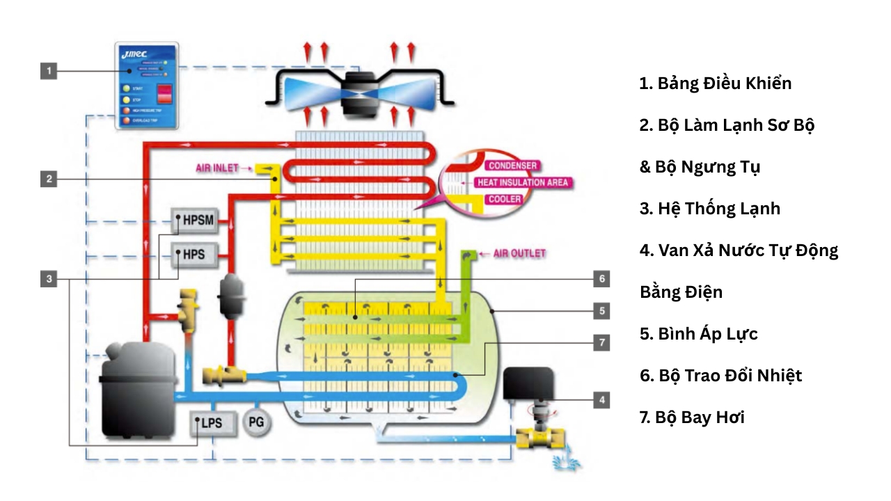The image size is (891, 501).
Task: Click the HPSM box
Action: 195,222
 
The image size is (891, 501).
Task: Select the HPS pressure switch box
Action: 195,255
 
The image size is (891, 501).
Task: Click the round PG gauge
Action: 257,422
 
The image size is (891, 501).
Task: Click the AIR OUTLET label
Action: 519,253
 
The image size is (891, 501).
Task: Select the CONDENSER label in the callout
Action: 512,166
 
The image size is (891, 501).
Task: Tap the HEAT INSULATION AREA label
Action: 522,183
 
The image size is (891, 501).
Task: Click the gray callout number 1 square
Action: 48,70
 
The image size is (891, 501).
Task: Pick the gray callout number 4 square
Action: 601,399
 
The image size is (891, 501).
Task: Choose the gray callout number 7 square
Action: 601,342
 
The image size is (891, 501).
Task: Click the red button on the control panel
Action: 164,94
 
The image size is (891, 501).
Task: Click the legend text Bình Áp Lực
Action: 698,334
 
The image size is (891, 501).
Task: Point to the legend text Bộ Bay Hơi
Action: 692,417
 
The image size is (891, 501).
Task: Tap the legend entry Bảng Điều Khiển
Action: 716,83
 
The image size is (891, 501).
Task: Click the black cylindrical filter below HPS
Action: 229,295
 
